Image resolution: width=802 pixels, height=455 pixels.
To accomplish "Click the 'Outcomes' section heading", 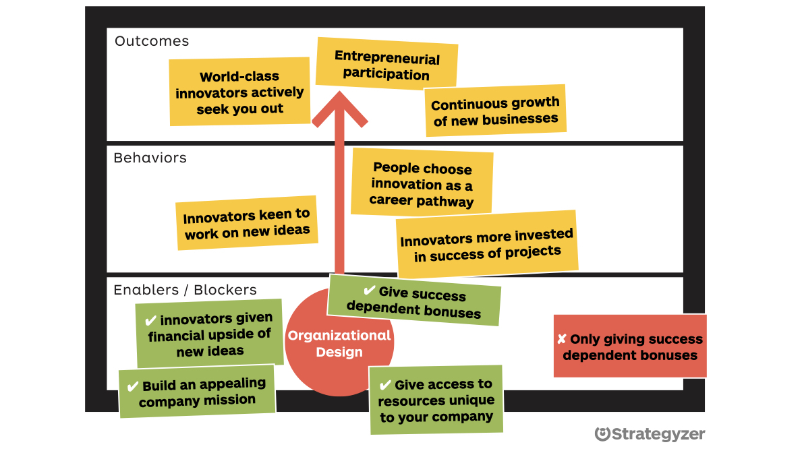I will [151, 41].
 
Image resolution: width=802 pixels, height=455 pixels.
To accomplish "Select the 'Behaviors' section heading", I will [150, 158].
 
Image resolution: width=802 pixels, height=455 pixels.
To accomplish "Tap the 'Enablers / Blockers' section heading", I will [185, 290].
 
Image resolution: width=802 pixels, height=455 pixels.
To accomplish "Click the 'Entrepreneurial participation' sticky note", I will [386, 65].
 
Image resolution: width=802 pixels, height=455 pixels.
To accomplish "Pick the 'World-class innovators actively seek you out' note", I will [239, 92].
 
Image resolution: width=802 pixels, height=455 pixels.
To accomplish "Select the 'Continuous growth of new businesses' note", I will [496, 111].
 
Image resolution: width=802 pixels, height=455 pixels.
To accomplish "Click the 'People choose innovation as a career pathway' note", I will [422, 184].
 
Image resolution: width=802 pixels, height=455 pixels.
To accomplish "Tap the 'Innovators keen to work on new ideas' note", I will [247, 224].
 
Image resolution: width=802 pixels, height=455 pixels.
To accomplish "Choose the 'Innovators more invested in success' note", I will [486, 245].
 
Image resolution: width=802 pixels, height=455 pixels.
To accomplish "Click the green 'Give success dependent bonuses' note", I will [414, 302].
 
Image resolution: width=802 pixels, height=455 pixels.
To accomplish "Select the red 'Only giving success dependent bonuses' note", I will [630, 346].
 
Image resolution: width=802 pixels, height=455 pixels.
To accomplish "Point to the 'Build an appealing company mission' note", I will [197, 392].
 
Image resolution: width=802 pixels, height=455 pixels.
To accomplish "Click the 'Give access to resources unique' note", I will [436, 400].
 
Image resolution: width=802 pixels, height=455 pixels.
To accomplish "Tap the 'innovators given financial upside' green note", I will [210, 334].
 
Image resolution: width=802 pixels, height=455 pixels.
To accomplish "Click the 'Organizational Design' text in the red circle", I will [339, 343].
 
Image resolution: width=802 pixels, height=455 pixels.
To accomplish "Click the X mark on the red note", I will [561, 339].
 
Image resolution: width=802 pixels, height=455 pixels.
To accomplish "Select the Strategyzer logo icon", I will [602, 434].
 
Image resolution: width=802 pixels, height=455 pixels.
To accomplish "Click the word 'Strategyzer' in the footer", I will [658, 434].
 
